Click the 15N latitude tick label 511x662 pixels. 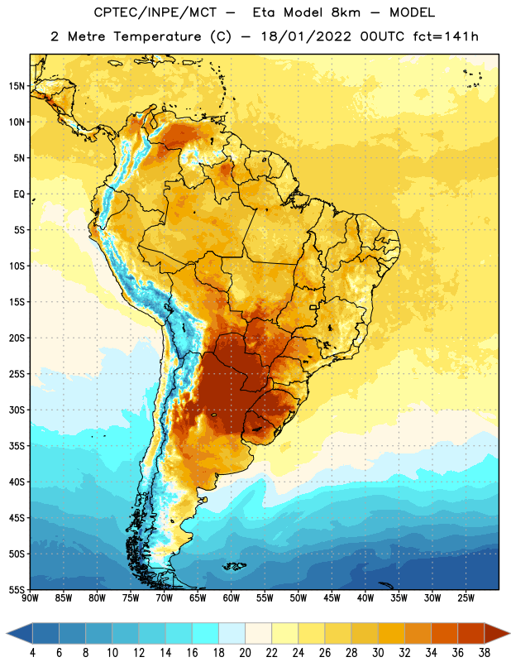tap(17, 86)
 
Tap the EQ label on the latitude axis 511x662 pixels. tap(19, 194)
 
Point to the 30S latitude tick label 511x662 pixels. tap(17, 410)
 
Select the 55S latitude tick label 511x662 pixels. tap(17, 590)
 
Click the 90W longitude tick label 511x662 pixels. tap(30, 598)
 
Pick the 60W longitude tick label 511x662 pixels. tap(231, 598)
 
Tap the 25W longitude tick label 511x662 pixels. tap(466, 598)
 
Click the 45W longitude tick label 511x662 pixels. tap(332, 598)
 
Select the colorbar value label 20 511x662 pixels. tap(245, 653)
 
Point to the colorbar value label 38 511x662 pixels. tap(485, 653)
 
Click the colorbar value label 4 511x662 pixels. tap(32, 653)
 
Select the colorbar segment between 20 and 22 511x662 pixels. tap(258, 633)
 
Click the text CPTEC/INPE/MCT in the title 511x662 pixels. tap(155, 12)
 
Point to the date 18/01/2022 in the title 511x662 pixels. tap(306, 36)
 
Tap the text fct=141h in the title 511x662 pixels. tap(446, 36)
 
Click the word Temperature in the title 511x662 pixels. tap(157, 36)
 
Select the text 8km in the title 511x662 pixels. tap(346, 12)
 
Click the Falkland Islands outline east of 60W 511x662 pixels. tap(234, 566)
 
